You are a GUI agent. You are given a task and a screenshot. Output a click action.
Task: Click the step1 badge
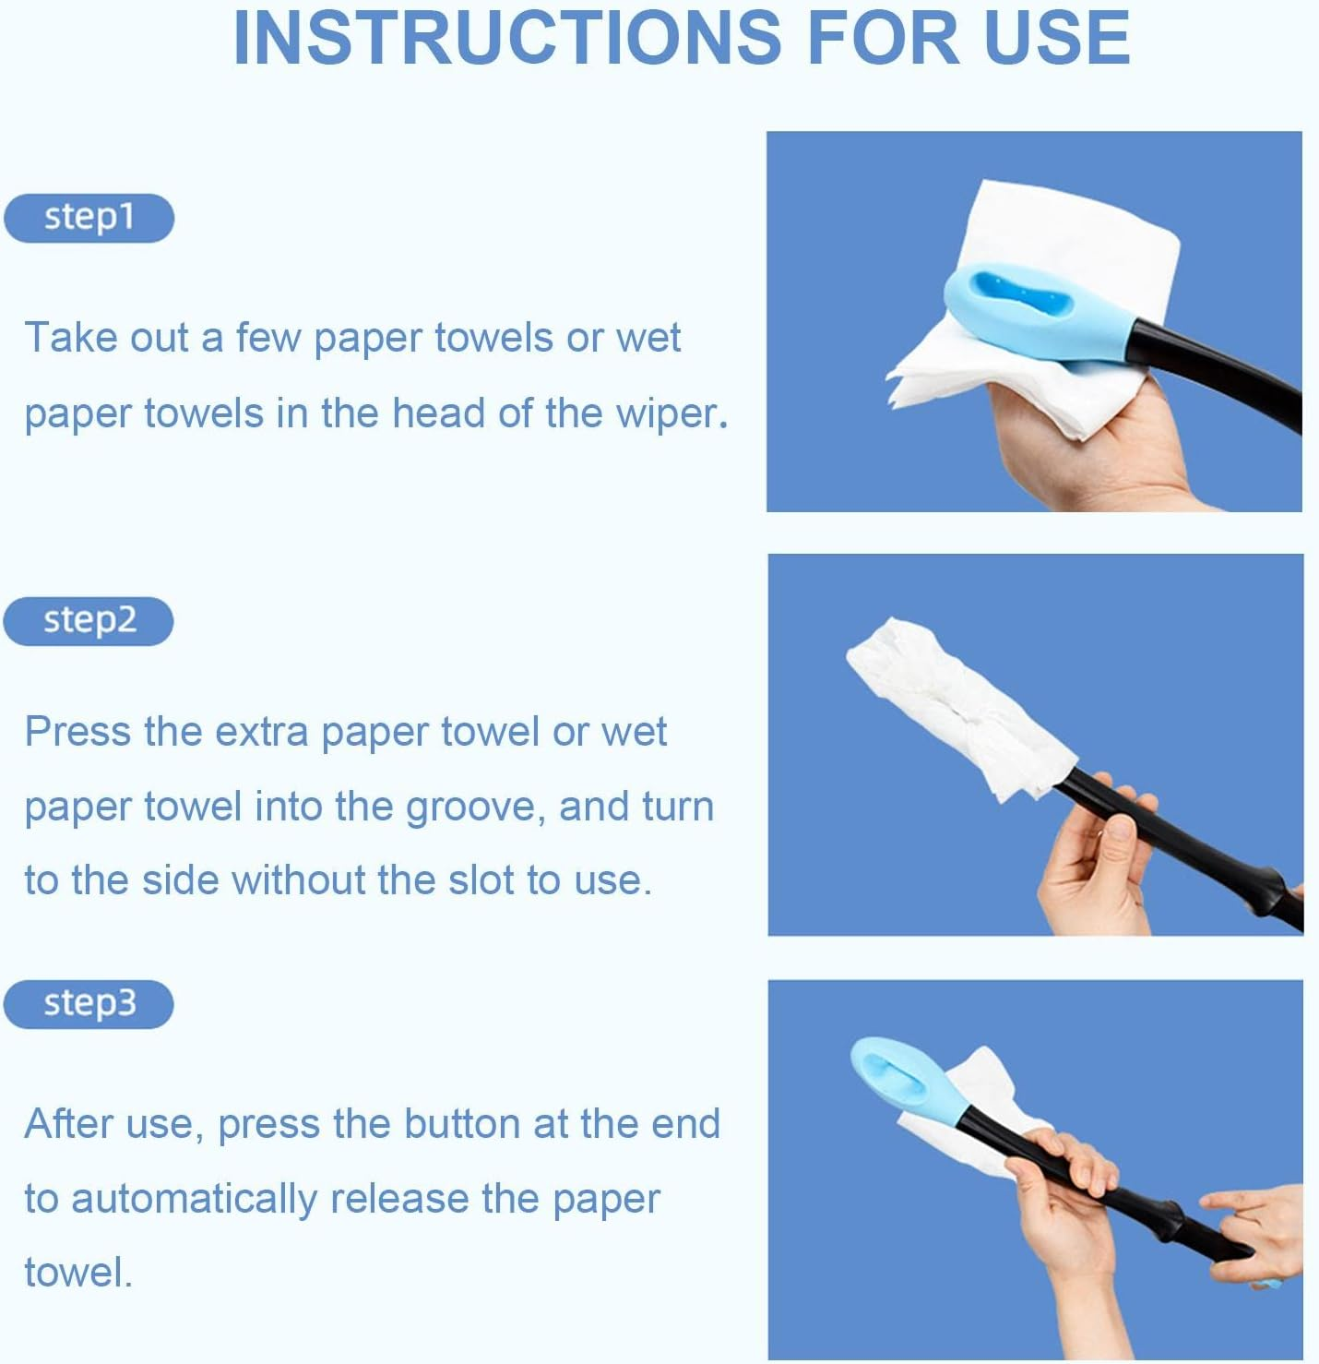[x=89, y=218]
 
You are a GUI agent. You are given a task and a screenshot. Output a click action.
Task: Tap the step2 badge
[x=89, y=621]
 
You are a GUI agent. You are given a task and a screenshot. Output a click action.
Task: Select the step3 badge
[x=89, y=1004]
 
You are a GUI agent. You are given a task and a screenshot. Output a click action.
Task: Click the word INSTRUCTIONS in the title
[x=506, y=38]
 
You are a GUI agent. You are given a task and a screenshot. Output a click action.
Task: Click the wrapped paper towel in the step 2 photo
[x=950, y=706]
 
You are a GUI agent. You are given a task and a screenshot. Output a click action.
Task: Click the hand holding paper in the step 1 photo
[x=1088, y=443]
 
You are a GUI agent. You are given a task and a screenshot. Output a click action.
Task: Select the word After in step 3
[x=69, y=1124]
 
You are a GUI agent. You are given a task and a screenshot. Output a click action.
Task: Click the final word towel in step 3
[x=77, y=1274]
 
